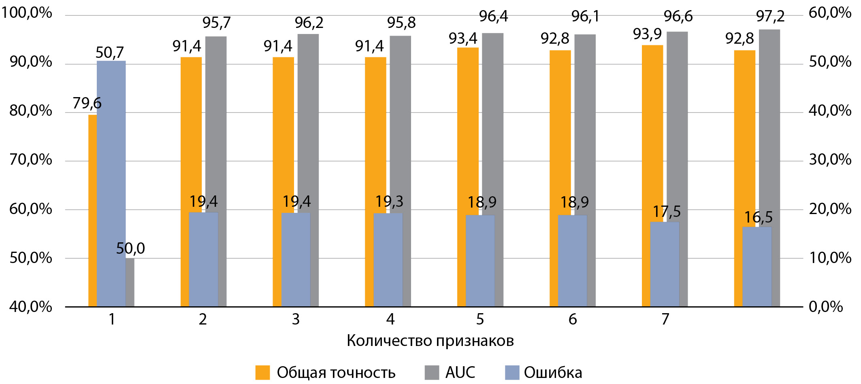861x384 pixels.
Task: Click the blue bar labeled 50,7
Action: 111,182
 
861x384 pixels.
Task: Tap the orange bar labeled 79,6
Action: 92,210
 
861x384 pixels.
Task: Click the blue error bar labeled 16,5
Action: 757,267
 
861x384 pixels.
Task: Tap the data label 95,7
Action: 216,23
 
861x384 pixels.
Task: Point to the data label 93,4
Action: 462,39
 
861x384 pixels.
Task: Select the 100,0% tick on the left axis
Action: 27,13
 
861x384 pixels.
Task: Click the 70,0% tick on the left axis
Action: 31,160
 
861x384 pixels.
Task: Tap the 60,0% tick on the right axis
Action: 830,13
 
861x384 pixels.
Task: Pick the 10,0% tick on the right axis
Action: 830,258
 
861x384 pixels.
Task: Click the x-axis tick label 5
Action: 480,319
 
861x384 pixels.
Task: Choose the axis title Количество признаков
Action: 430,341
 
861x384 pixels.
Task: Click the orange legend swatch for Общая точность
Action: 262,373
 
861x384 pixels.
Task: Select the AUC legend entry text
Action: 460,373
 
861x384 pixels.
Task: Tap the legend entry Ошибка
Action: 553,373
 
